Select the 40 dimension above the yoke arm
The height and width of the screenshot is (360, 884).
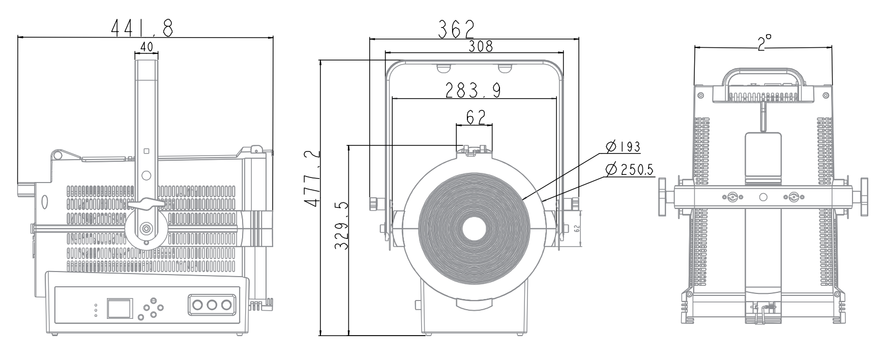[146, 47]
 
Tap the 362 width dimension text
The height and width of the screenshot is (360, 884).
[456, 29]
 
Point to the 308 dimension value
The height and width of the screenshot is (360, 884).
[480, 46]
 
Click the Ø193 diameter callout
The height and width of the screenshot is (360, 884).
[623, 147]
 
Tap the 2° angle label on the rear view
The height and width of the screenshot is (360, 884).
[764, 42]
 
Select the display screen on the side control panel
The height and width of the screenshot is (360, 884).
[119, 308]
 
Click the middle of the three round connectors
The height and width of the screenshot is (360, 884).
[213, 305]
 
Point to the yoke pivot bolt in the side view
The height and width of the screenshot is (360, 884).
[146, 229]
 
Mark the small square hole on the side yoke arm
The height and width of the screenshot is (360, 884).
[146, 151]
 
